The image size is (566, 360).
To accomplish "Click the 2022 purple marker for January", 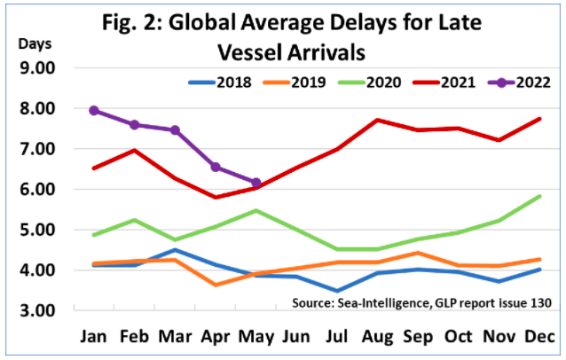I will (93, 111).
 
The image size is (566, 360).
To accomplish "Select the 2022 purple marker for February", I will (134, 125).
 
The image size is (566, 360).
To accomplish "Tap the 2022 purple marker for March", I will (175, 130).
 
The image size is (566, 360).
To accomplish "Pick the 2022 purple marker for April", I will (216, 167).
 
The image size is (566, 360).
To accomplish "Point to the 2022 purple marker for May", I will (256, 183).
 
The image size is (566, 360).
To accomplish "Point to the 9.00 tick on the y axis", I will (33, 68).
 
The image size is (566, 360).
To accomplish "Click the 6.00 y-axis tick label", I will (33, 190).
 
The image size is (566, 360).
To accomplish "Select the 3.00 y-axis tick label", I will (33, 311).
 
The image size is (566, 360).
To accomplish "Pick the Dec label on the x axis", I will (540, 338).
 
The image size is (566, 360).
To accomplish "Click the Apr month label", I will (216, 338).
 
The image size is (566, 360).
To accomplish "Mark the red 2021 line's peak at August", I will (378, 120).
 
